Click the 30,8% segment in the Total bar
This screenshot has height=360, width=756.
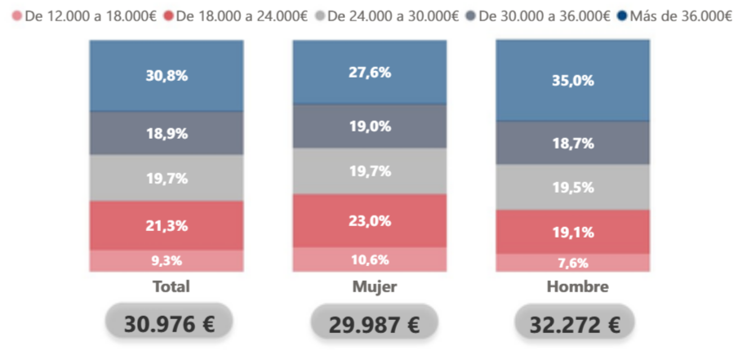(167, 76)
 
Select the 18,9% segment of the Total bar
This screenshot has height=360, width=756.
(167, 133)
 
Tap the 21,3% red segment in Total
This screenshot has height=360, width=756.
(167, 225)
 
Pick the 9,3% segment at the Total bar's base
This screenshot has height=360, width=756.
(167, 260)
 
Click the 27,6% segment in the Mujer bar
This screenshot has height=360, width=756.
(370, 73)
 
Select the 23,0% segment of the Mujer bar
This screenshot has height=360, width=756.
(370, 220)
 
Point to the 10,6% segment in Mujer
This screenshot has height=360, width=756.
(370, 260)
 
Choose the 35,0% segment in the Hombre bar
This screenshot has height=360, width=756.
(572, 81)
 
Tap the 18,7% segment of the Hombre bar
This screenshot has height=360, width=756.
(572, 143)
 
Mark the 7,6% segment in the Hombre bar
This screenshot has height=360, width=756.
(572, 262)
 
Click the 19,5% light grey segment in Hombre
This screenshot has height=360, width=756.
(572, 187)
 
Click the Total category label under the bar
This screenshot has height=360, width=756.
(171, 287)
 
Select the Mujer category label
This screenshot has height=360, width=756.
(374, 287)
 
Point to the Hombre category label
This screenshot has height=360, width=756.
(576, 287)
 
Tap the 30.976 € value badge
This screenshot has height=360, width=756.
(169, 324)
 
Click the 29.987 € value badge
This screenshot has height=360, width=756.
(374, 325)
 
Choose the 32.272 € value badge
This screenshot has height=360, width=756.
(575, 325)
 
